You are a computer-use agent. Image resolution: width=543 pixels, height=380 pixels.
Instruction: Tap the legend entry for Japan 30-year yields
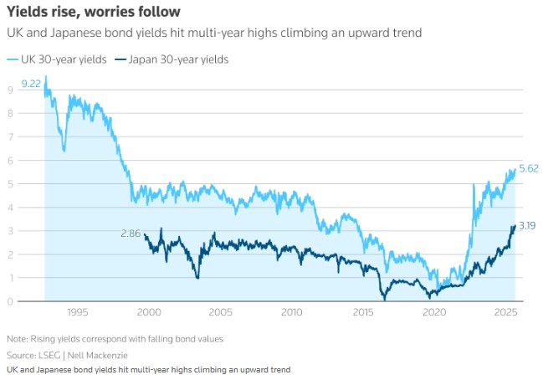[176, 59]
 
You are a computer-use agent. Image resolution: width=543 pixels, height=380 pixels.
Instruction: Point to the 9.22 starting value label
[31, 84]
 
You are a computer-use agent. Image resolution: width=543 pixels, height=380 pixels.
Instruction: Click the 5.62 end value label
[528, 168]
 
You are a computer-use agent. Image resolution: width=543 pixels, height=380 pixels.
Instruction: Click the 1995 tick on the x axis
[77, 312]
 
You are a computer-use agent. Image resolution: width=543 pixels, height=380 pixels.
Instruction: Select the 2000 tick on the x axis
[148, 312]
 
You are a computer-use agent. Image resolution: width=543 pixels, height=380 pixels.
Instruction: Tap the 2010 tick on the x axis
[291, 312]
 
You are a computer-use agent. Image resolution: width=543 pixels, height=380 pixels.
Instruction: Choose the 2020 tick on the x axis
[434, 312]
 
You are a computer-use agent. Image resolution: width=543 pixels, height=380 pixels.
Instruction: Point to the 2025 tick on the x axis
[505, 312]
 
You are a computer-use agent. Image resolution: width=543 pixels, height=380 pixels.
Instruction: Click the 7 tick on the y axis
[10, 136]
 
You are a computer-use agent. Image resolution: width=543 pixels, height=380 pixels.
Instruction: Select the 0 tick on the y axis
[10, 301]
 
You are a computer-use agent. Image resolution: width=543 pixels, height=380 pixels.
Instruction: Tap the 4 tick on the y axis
[10, 207]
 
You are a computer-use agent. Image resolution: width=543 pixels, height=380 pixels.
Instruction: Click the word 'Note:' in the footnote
[18, 339]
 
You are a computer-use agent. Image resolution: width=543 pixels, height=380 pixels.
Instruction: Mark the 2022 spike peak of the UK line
[474, 184]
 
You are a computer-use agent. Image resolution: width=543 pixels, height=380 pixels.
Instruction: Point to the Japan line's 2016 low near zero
[384, 299]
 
